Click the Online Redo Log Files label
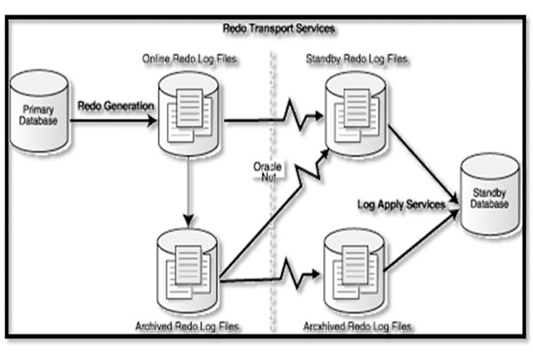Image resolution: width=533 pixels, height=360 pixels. [190, 58]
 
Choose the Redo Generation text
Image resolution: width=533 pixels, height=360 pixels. [115, 105]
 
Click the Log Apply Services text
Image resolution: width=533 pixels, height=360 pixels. [401, 204]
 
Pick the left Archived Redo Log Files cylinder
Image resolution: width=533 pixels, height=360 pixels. [189, 263]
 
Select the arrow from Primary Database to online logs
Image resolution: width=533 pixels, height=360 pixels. [115, 120]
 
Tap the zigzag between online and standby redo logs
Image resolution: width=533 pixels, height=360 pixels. [295, 115]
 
